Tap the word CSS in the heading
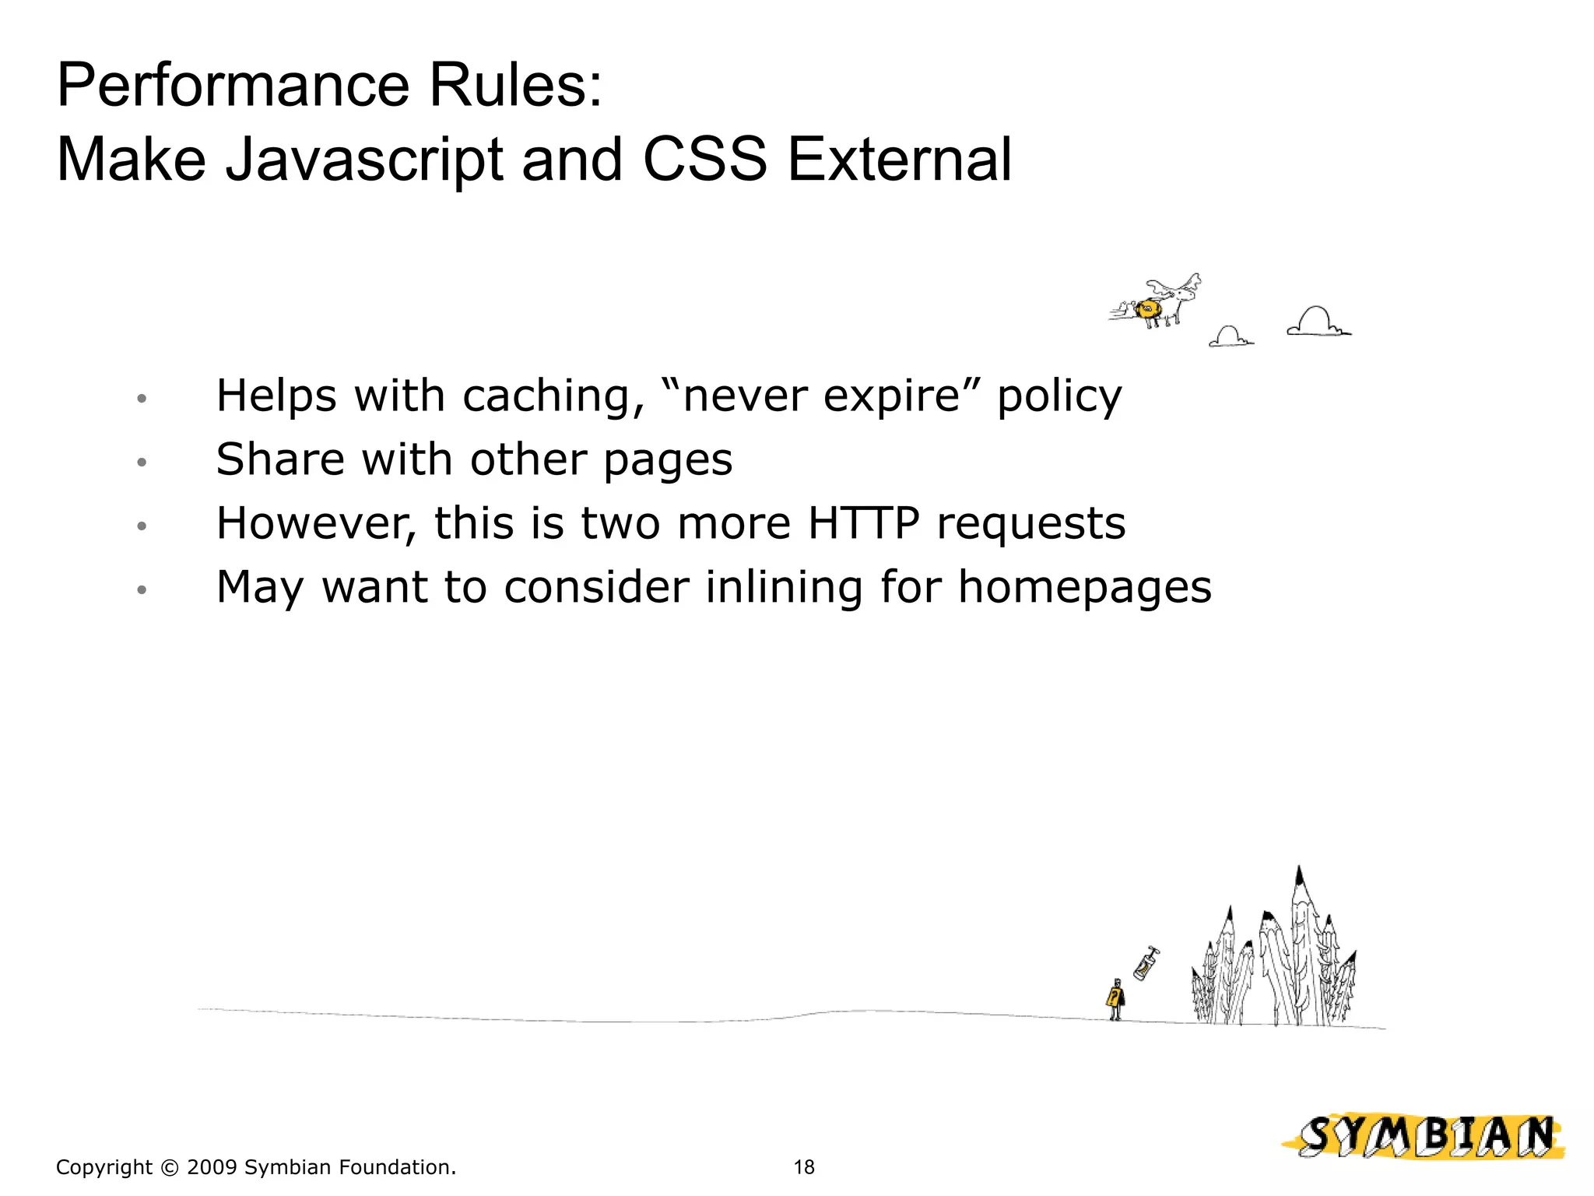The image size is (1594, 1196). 705,160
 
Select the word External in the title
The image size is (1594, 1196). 900,160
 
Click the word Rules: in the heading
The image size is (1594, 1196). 515,85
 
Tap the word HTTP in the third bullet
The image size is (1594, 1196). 864,523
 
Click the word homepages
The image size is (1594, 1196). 1084,588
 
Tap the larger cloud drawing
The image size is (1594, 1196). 1318,322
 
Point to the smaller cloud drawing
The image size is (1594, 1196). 1230,337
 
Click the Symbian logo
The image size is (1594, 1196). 1424,1137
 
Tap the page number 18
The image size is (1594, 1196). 803,1167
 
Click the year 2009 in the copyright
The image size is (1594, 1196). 211,1167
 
